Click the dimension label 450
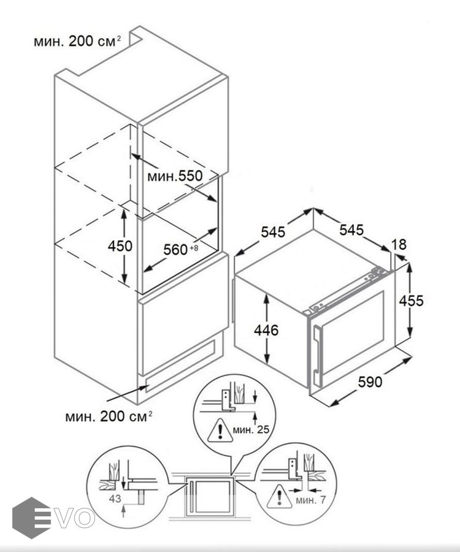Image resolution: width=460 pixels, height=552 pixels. point(120,246)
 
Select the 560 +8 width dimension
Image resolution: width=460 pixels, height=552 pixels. point(180,250)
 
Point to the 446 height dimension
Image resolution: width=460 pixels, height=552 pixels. point(266,331)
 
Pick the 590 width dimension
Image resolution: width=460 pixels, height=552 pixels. point(370,382)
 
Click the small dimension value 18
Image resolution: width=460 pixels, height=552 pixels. point(399,245)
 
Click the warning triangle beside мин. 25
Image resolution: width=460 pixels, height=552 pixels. point(216,431)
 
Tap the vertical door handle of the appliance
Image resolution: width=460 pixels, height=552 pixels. point(316,352)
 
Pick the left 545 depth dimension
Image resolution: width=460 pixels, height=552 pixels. point(273,232)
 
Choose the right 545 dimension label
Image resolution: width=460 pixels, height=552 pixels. point(351,229)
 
